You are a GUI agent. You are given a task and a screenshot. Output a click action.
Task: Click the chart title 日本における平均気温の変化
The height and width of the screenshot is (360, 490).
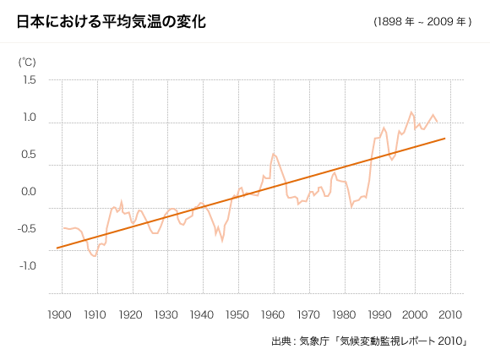[112, 21]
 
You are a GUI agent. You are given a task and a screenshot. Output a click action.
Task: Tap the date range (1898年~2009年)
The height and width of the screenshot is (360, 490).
[422, 22]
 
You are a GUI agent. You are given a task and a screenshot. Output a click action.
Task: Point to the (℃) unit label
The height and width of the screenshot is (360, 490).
[28, 62]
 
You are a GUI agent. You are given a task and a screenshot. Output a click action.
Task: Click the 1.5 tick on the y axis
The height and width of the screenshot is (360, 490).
[30, 80]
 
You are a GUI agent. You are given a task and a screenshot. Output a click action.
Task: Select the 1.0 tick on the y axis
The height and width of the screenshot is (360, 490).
[30, 117]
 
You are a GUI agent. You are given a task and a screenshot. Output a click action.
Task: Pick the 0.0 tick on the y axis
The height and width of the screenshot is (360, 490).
[30, 192]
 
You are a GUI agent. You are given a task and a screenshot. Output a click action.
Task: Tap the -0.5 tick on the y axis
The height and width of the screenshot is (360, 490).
[28, 228]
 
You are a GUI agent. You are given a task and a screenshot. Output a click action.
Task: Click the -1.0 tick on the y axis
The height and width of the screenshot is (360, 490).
[28, 265]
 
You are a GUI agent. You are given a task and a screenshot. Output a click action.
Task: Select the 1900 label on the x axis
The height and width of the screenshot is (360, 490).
[61, 314]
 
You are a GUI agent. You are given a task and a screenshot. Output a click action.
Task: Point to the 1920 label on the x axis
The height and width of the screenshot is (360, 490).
[131, 314]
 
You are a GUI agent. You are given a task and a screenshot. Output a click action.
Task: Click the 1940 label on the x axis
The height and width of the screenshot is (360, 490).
[202, 314]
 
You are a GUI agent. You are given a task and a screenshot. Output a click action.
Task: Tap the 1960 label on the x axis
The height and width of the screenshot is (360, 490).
[272, 314]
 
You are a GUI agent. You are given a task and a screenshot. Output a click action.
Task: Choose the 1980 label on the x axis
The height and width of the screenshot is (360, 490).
[343, 314]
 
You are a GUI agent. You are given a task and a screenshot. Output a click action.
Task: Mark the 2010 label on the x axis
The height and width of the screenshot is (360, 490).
[449, 314]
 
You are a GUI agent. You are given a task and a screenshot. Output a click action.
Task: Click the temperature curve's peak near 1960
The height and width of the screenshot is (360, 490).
[273, 154]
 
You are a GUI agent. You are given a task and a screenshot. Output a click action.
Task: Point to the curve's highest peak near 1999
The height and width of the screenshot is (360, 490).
[411, 112]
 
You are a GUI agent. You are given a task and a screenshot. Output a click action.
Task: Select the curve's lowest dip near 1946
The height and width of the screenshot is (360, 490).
[222, 241]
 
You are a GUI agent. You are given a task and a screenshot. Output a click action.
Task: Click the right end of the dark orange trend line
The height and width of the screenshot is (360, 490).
[444, 138]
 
